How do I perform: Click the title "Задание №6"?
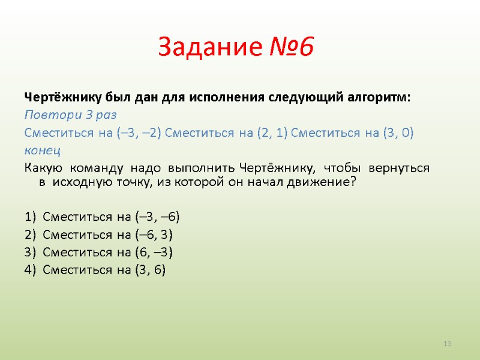(236, 47)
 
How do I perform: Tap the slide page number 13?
(447, 343)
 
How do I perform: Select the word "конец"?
(43, 149)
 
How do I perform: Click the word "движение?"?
(323, 182)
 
